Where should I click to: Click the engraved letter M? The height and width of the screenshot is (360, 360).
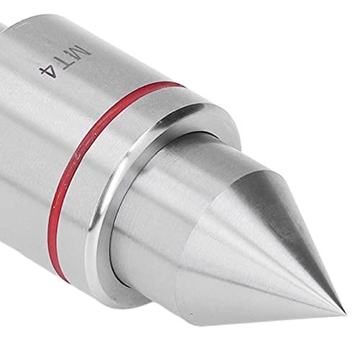pyautogui.click(x=81, y=53)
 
